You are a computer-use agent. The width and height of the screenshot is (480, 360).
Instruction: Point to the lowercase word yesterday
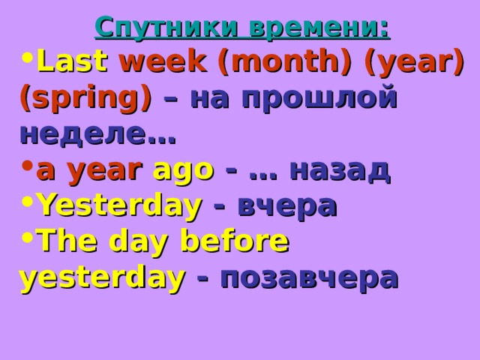click(x=103, y=277)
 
